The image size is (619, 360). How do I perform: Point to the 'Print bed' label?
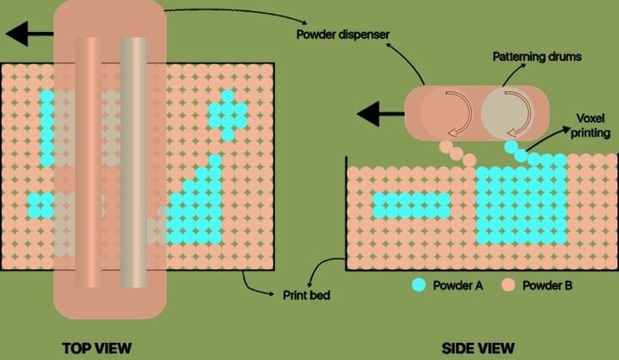(308, 295)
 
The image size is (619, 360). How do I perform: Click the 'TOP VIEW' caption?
(97, 347)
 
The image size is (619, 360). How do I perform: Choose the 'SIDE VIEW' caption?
(479, 347)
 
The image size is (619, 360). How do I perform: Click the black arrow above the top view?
(27, 34)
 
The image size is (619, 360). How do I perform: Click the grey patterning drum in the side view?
(506, 113)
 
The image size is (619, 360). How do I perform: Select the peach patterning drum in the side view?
(445, 113)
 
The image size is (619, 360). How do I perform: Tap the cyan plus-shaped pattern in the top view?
(229, 113)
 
